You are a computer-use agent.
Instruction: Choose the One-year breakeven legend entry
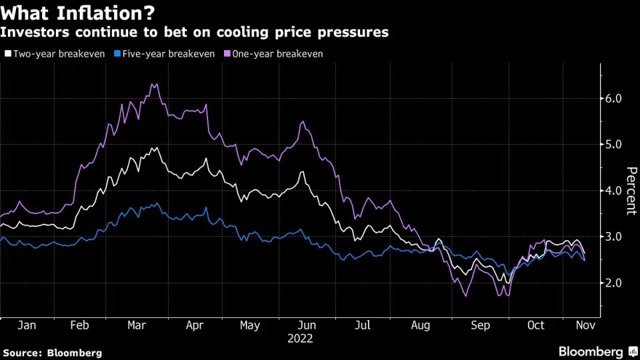[276, 53]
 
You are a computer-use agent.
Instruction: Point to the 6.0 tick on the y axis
[613, 98]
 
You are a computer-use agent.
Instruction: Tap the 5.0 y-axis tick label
[613, 144]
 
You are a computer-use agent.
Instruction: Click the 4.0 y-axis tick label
[613, 191]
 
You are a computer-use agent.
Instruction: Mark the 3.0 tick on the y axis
[613, 237]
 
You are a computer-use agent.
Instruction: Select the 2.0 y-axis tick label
[613, 283]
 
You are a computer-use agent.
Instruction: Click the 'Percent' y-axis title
[630, 191]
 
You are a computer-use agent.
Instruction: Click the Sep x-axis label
[481, 325]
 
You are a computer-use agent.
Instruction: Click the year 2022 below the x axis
[300, 338]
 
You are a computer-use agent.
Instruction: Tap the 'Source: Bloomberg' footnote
[53, 352]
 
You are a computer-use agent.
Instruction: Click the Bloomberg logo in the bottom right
[596, 351]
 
